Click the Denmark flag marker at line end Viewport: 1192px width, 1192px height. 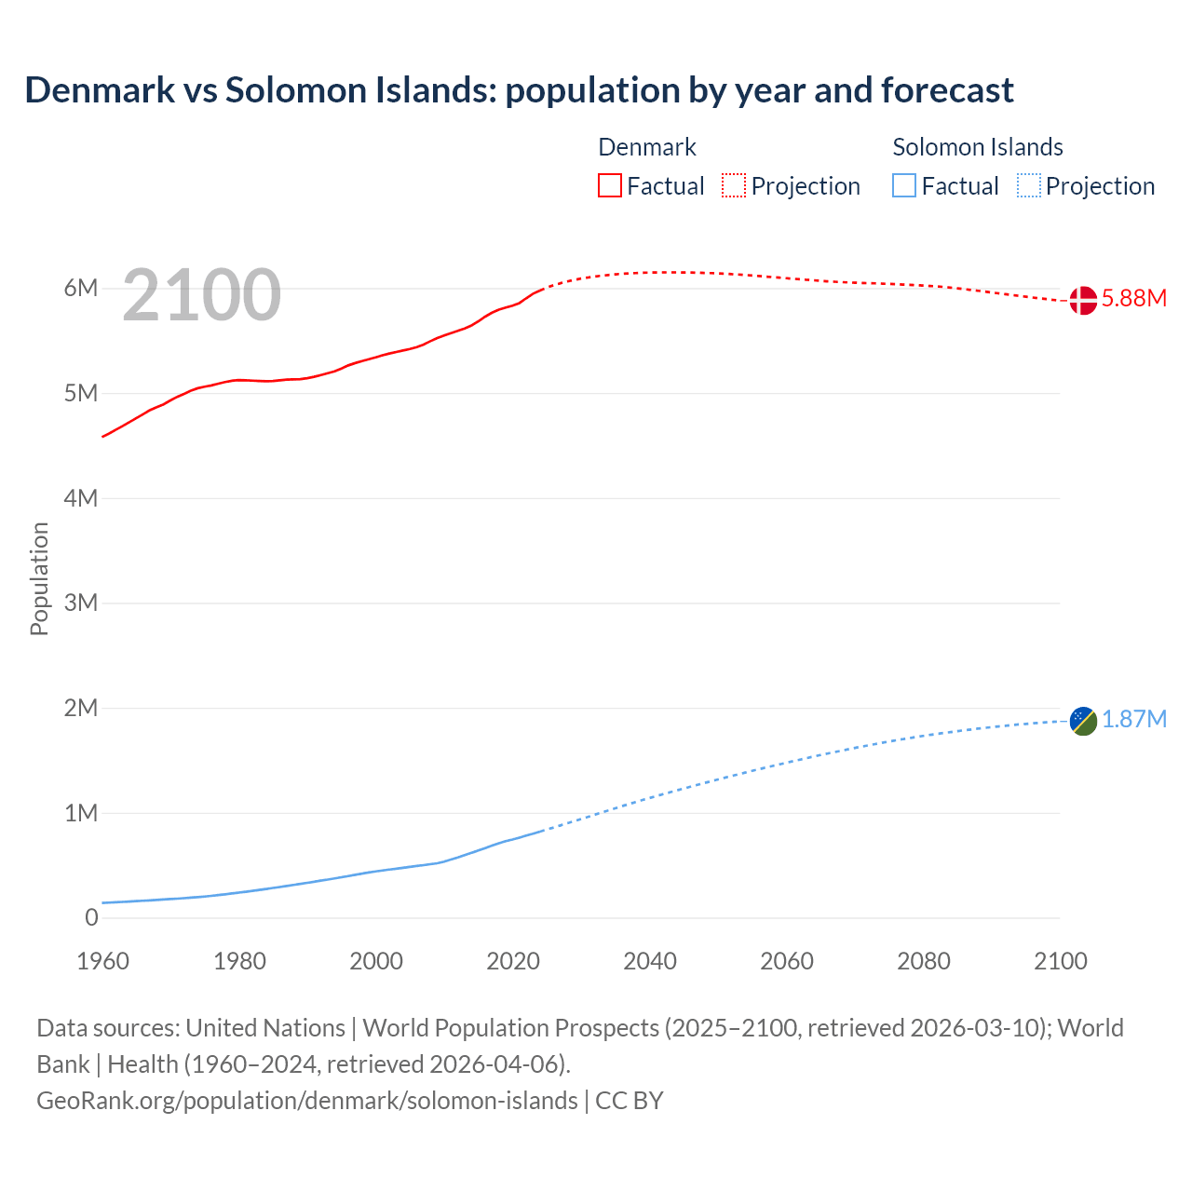pyautogui.click(x=1083, y=300)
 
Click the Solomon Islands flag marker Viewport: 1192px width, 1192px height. pyautogui.click(x=1083, y=721)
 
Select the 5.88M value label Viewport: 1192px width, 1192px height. pyautogui.click(x=1134, y=299)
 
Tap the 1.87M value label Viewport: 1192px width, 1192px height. pyautogui.click(x=1134, y=720)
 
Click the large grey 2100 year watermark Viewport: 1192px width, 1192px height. pyautogui.click(x=201, y=295)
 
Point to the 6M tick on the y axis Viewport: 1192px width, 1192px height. pyautogui.click(x=81, y=289)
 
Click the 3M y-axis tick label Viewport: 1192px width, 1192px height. pyautogui.click(x=81, y=603)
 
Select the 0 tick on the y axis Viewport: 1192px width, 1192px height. pyautogui.click(x=91, y=917)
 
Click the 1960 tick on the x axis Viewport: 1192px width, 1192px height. pyautogui.click(x=102, y=961)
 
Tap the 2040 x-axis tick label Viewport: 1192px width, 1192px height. pyautogui.click(x=650, y=961)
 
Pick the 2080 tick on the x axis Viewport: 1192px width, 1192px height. pyautogui.click(x=924, y=961)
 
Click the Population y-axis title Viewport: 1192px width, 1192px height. pyautogui.click(x=39, y=578)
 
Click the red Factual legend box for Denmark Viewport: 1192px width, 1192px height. pyautogui.click(x=610, y=186)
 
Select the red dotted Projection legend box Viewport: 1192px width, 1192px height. pyautogui.click(x=734, y=186)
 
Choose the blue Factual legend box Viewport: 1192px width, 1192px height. pyautogui.click(x=904, y=186)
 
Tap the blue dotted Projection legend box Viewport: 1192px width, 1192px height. pyautogui.click(x=1029, y=186)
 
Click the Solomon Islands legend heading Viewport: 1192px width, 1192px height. pyautogui.click(x=978, y=147)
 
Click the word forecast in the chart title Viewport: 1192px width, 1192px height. pyautogui.click(x=947, y=90)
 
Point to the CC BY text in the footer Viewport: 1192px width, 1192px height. pyautogui.click(x=630, y=1101)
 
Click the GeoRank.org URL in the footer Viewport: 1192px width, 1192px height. pyautogui.click(x=307, y=1101)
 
